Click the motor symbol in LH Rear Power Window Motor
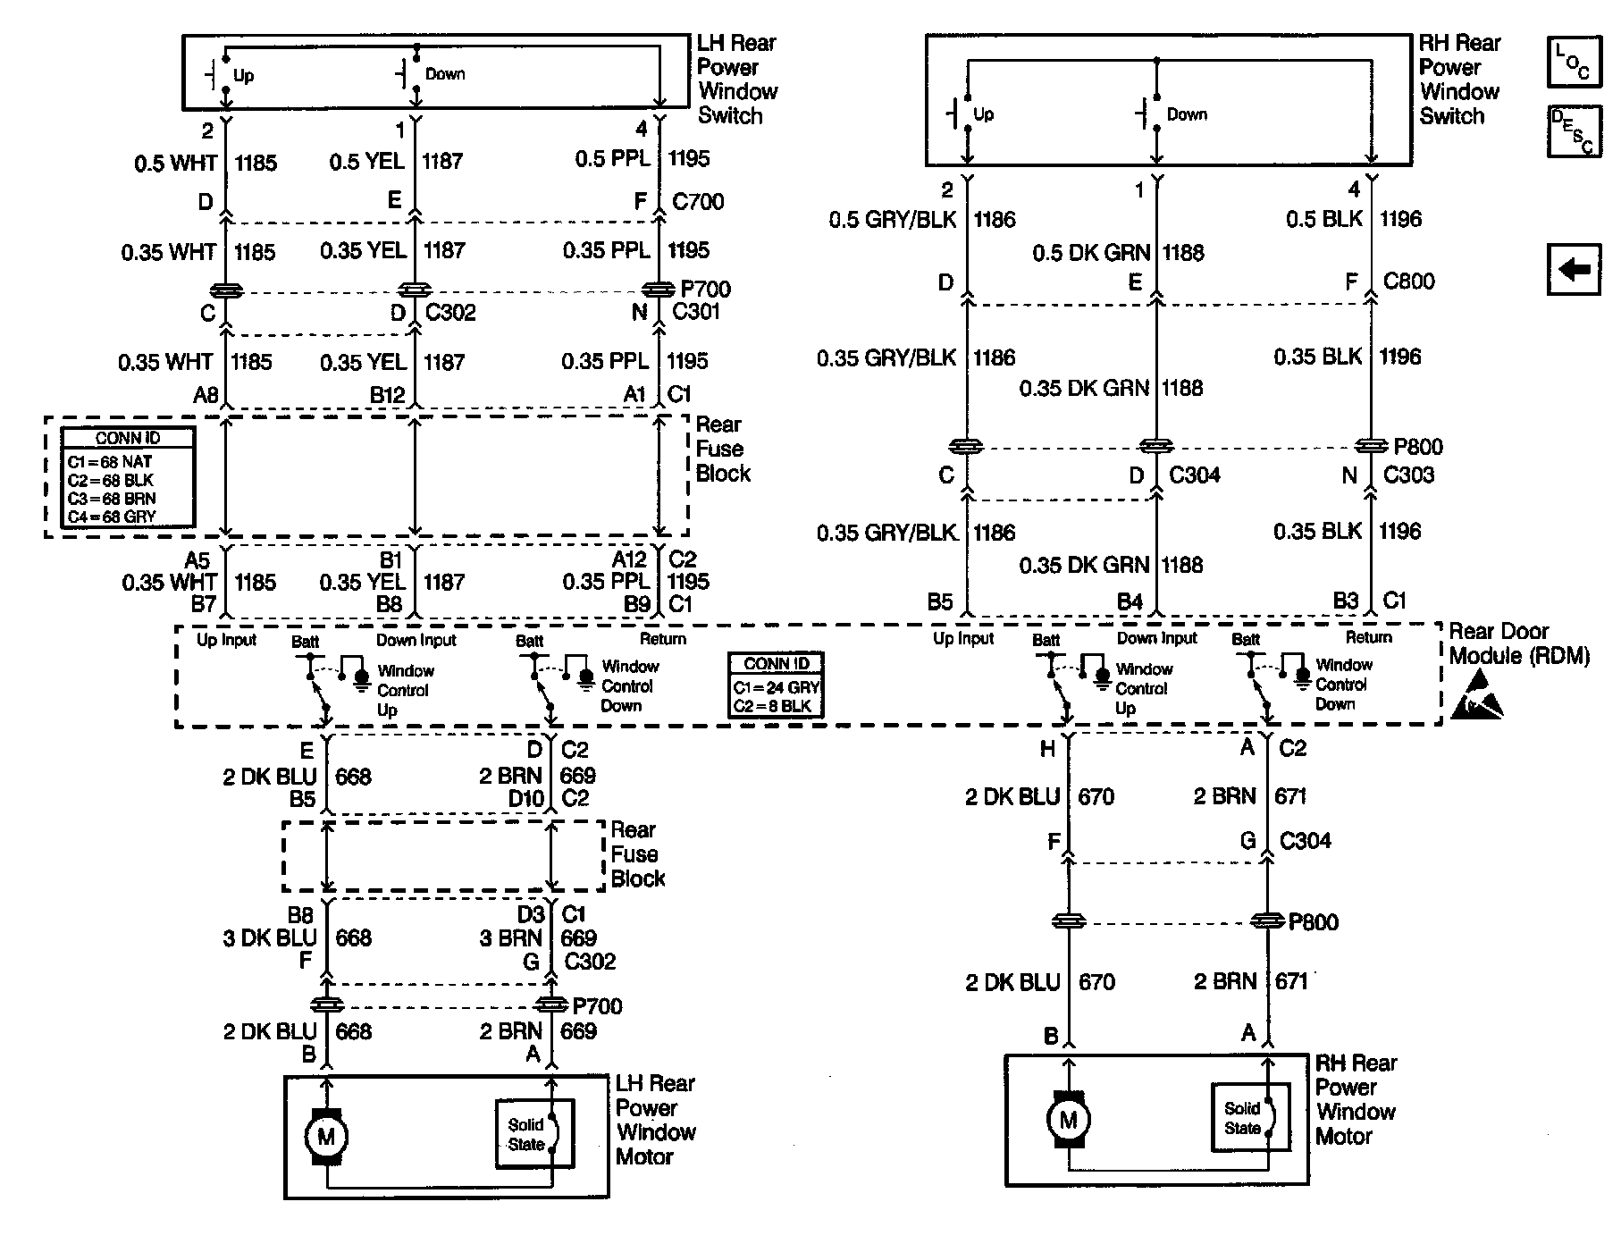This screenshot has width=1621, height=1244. point(325,1137)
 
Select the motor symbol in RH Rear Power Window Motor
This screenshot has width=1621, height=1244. point(1068,1119)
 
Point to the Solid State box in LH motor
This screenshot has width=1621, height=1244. point(534,1134)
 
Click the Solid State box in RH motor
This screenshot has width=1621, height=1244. point(1249,1118)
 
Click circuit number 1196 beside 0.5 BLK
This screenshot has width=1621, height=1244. point(1399,219)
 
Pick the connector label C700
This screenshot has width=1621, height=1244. point(698,202)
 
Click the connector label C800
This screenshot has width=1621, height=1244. point(1408,282)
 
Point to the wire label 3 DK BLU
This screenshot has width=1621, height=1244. point(270,938)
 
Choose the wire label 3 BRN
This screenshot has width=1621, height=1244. point(510,938)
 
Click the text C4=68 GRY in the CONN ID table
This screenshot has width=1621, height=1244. point(112,517)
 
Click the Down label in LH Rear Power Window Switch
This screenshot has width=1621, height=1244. point(445,74)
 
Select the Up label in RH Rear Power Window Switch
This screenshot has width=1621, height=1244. point(983,114)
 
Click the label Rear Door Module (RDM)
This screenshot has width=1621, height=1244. point(1518,643)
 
